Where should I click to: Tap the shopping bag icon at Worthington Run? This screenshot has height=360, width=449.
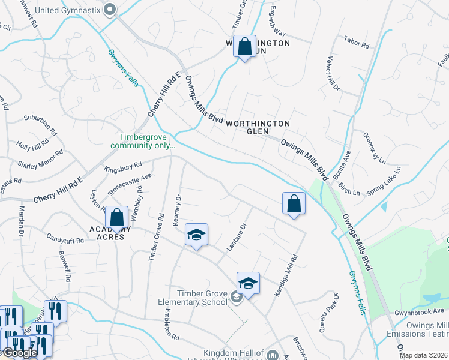tap(245, 47)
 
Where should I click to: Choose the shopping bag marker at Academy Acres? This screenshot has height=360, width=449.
tap(117, 217)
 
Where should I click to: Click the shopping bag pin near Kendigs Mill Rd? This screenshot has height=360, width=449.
tap(294, 204)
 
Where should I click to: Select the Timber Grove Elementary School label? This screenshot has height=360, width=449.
tap(193, 297)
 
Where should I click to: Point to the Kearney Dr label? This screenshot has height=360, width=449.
tap(176, 210)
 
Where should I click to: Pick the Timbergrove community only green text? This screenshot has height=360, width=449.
tap(143, 141)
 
